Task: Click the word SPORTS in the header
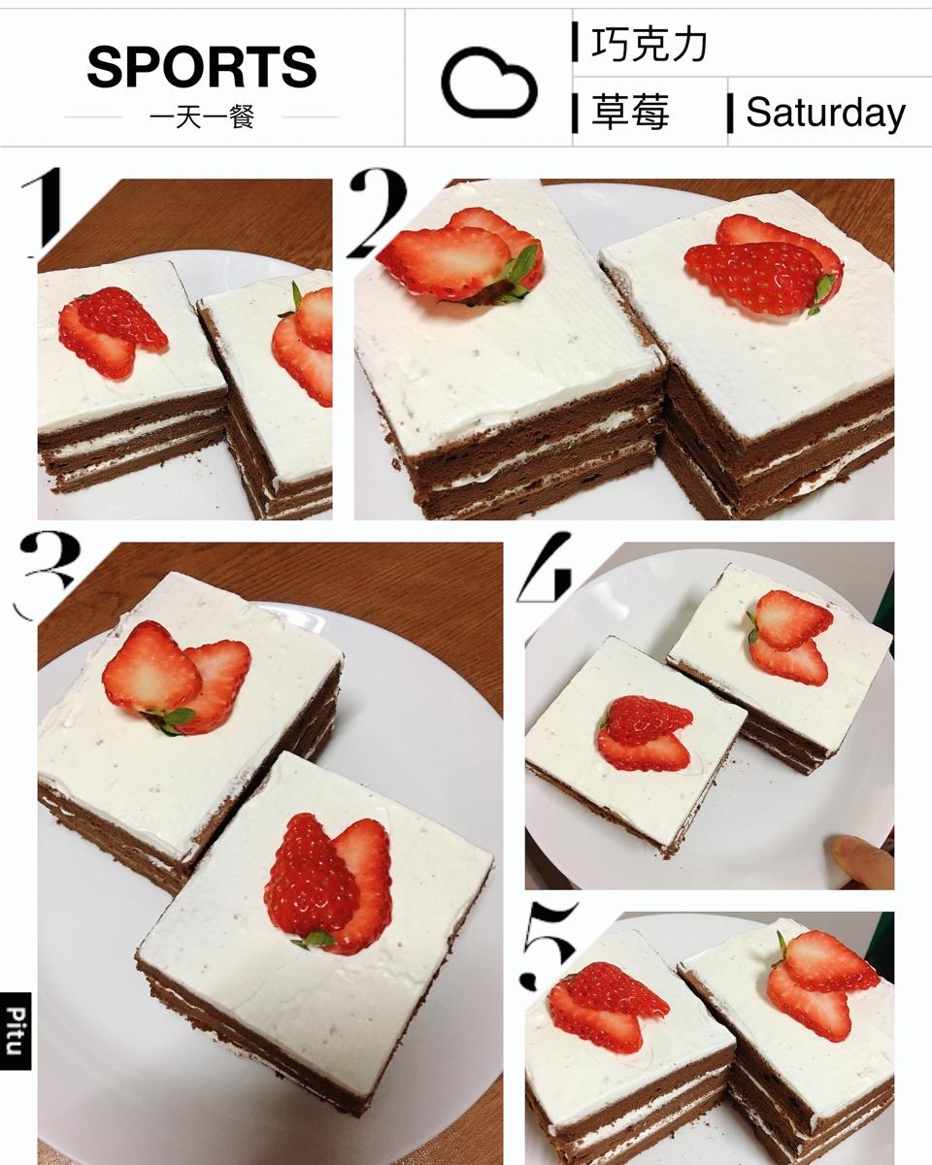pos(202,67)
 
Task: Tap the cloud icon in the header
pos(488,83)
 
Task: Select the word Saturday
pos(825,113)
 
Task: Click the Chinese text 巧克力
pos(649,44)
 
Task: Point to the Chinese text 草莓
pos(630,112)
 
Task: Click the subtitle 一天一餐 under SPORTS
pos(202,116)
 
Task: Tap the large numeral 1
pos(43,213)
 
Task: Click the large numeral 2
pos(377,214)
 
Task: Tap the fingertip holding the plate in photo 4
pos(861,861)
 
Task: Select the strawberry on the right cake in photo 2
pos(764,264)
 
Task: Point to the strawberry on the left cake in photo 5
pos(609,1008)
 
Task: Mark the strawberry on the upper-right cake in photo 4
pos(790,637)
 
